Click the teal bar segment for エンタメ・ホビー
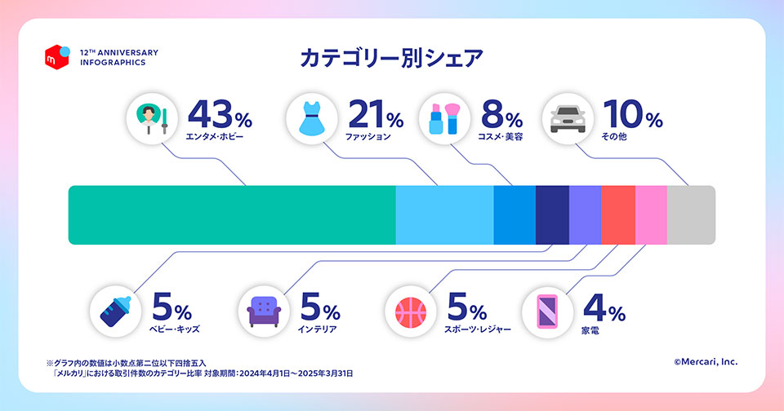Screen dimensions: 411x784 [x=231, y=215]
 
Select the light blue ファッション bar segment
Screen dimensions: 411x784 [x=444, y=215]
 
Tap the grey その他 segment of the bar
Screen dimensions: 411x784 [x=691, y=215]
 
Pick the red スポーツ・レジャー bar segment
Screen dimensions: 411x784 [x=617, y=215]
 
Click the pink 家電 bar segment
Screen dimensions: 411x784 [x=651, y=215]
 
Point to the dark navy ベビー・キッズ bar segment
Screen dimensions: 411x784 [x=552, y=215]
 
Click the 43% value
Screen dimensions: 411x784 [x=220, y=114]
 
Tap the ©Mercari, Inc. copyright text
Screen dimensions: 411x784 [x=705, y=360]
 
